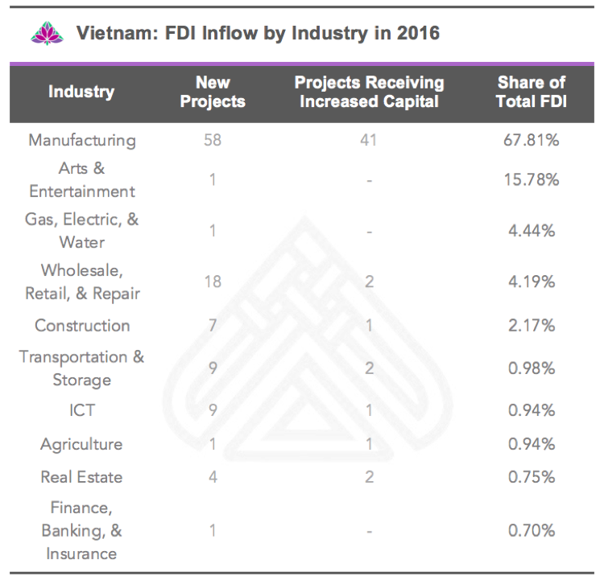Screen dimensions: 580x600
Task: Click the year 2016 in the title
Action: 416,35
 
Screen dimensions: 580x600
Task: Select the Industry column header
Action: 81,92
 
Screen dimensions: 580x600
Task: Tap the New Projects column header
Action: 213,92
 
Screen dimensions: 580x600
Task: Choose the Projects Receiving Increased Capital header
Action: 369,92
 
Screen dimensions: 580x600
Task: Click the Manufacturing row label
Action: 81,140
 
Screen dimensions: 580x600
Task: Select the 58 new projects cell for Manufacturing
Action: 213,140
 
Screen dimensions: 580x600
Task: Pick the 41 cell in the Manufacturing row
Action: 369,140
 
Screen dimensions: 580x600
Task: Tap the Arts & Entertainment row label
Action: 81,180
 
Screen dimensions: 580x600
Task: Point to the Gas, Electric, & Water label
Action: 81,230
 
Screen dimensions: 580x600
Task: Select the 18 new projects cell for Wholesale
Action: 213,282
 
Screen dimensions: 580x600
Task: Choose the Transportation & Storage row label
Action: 81,368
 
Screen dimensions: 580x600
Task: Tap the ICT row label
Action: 81,410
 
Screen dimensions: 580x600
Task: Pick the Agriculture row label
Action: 81,444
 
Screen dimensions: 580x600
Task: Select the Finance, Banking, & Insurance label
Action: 81,531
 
